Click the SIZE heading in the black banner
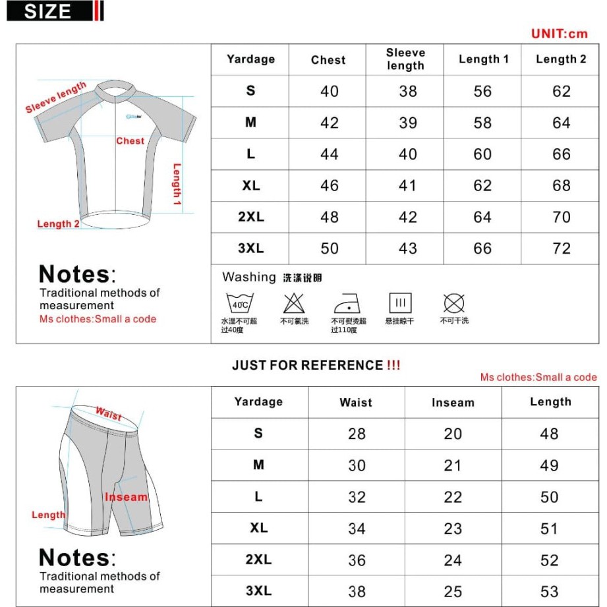tap(47, 11)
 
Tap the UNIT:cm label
tap(559, 34)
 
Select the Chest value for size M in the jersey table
tap(329, 123)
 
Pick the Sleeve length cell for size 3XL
tap(407, 248)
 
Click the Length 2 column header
tap(560, 59)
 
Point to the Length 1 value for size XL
tap(482, 186)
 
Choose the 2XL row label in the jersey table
tap(250, 217)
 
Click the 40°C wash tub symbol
tap(240, 304)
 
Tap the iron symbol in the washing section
tap(347, 304)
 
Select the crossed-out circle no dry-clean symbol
tap(454, 303)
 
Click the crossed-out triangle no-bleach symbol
tap(293, 304)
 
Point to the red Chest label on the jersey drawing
tap(130, 140)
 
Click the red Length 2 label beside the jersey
tap(58, 224)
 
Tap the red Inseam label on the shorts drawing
tap(126, 497)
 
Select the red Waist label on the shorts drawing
tap(109, 414)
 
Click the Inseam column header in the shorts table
tap(453, 403)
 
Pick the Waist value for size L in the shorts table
tap(357, 497)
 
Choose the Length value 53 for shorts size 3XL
tap(549, 591)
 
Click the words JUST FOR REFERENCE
tap(307, 365)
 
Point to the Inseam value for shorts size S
tap(453, 434)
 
